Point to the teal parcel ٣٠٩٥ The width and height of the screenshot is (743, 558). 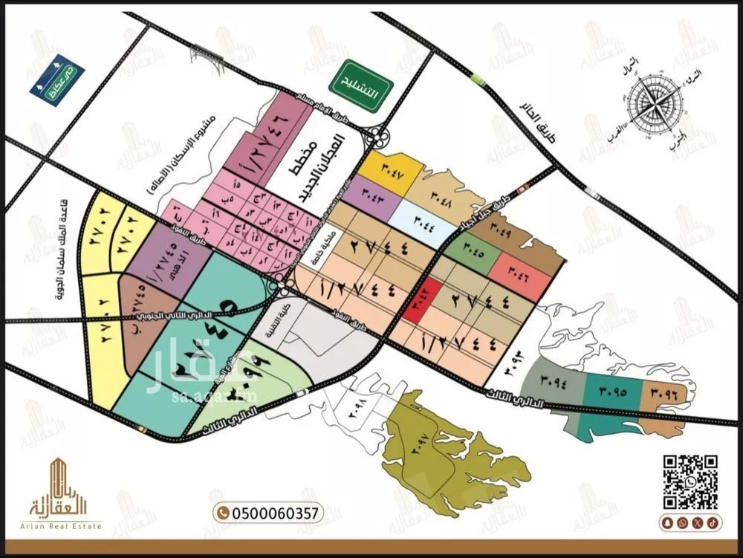click(x=610, y=389)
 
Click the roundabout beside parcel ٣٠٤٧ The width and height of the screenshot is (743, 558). click(x=380, y=137)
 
